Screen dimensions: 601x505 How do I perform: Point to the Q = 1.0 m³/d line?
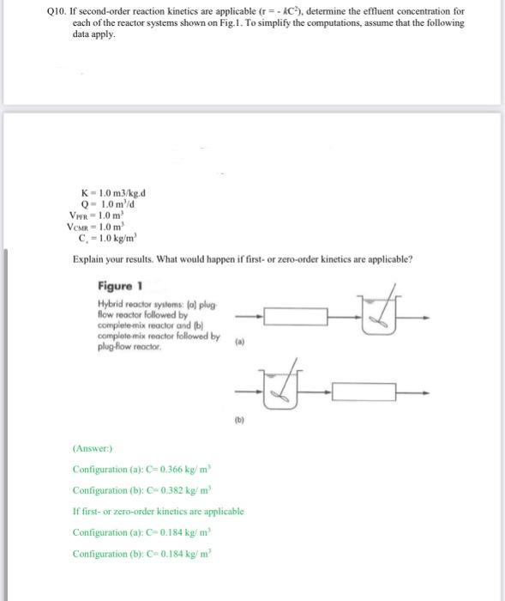coord(107,203)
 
